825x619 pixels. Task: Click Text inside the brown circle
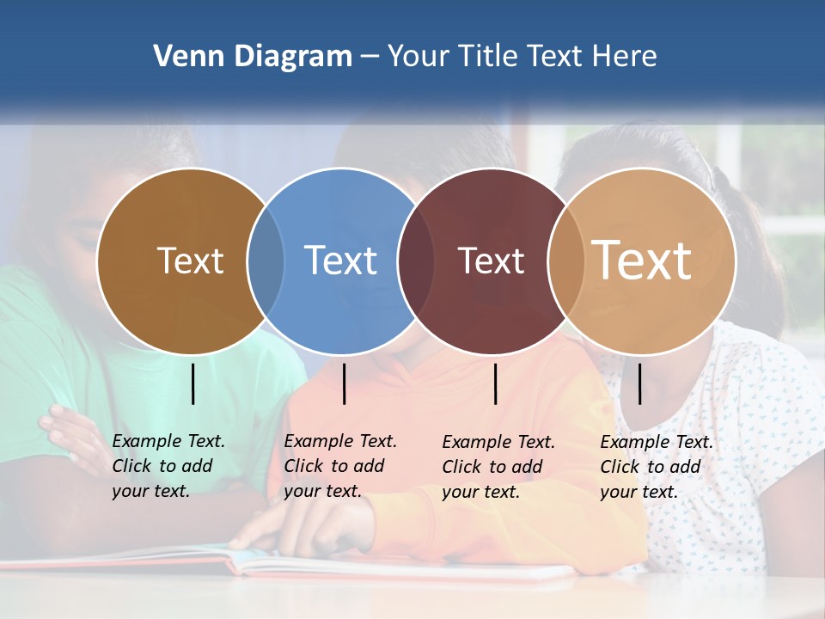pyautogui.click(x=190, y=260)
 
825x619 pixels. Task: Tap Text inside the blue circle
pyautogui.click(x=340, y=260)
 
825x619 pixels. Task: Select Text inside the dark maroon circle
pyautogui.click(x=491, y=260)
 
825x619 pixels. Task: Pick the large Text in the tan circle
pyautogui.click(x=642, y=260)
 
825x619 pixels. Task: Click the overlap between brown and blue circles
pyautogui.click(x=266, y=260)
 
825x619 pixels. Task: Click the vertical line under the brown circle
pyautogui.click(x=193, y=383)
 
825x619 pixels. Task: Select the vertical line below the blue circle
pyautogui.click(x=345, y=383)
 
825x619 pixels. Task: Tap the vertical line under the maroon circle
pyautogui.click(x=496, y=383)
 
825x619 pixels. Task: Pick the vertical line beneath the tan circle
pyautogui.click(x=640, y=383)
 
